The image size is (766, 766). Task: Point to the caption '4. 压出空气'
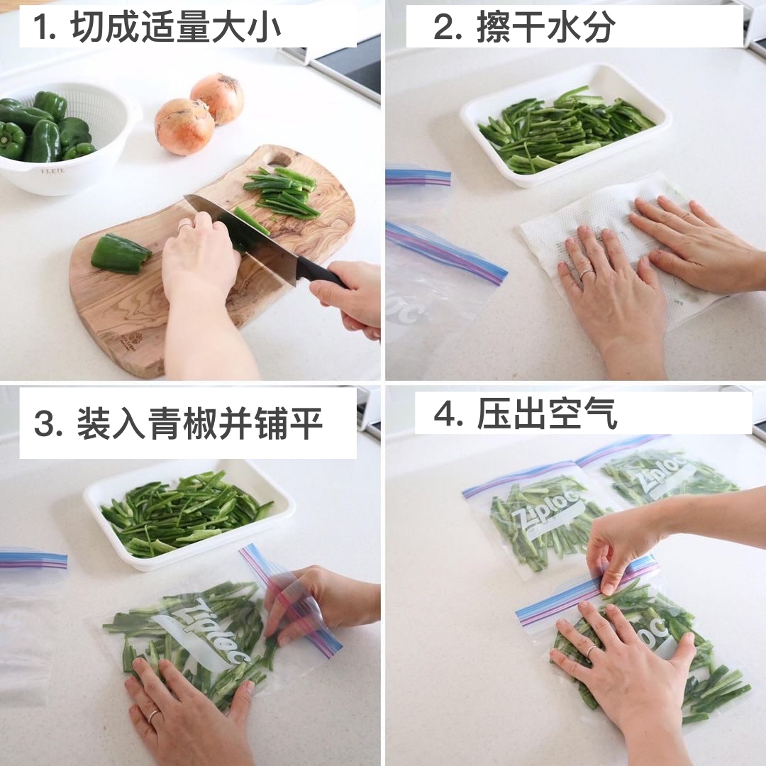[525, 413]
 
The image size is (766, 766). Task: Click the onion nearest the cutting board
[184, 126]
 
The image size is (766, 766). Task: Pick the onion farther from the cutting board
[218, 98]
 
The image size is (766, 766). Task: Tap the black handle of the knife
[322, 274]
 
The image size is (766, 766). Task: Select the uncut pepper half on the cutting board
[121, 252]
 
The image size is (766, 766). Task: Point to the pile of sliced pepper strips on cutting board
[282, 191]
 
